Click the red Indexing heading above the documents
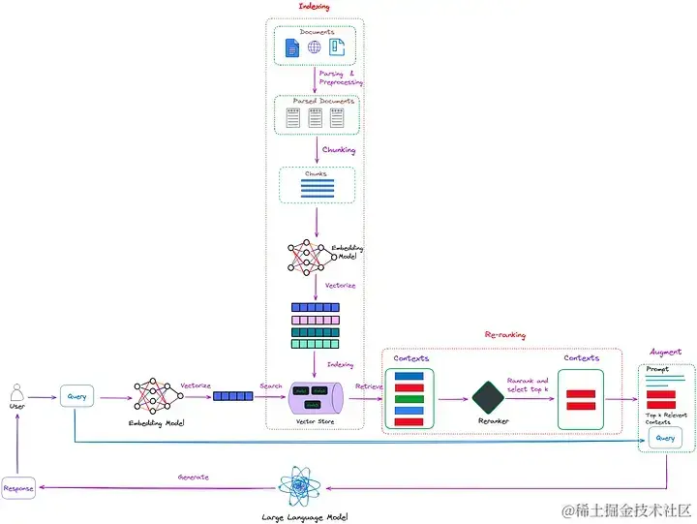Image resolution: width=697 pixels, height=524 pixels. tap(315, 7)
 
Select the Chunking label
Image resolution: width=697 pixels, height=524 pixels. tap(338, 150)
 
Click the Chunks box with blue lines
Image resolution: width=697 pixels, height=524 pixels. tap(316, 185)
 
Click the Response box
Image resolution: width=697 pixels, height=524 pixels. tap(18, 488)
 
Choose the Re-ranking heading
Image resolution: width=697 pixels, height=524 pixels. tap(504, 335)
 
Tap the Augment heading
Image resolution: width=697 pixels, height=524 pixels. tap(666, 352)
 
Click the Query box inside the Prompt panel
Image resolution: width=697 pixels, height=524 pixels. tap(665, 439)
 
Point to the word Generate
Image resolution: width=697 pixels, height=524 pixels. tap(194, 477)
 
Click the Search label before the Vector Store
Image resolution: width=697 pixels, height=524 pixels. tap(271, 385)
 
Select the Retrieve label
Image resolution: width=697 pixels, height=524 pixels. tap(369, 385)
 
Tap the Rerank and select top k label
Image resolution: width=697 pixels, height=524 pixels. tap(528, 385)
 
